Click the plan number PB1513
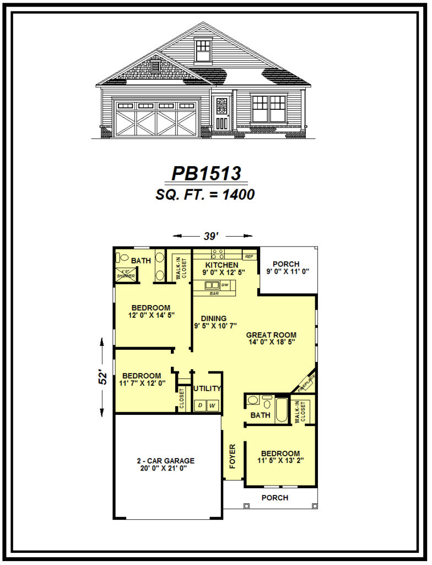[207, 173]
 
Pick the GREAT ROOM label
[271, 335]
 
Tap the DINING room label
[214, 318]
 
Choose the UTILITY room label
[208, 388]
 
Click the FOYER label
[233, 456]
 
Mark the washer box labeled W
[212, 406]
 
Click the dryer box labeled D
[199, 406]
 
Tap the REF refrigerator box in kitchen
[249, 257]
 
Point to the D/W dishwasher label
[225, 285]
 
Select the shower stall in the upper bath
[126, 274]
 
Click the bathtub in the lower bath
[282, 411]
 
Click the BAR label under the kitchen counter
[214, 294]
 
